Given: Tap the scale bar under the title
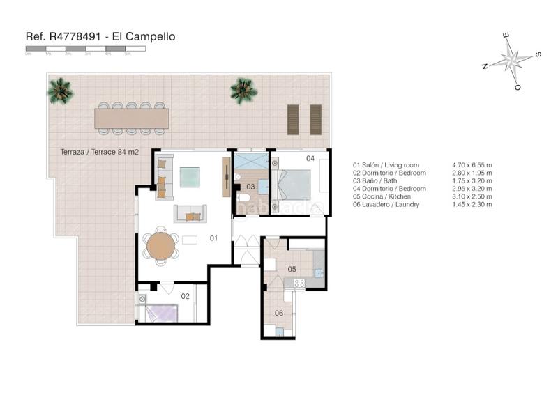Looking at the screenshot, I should coord(85,49).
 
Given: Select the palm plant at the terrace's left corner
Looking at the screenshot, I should coord(60,91).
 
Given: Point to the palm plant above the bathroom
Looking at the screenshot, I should coord(243,90).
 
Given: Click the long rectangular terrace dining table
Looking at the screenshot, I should coord(132,119).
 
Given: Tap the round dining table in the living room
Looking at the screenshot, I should coord(161,246).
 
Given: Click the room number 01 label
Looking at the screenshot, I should coord(214,238).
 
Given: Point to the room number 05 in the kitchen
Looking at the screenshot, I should coord(292,269).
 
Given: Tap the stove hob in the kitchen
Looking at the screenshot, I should coord(299,282).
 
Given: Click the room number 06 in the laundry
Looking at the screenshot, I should coord(279,313).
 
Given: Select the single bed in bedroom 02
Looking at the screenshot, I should coord(160,313).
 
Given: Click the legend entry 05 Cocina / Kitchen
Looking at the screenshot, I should coord(387,196).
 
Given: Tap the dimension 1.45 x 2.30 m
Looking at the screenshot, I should coord(472,205).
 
